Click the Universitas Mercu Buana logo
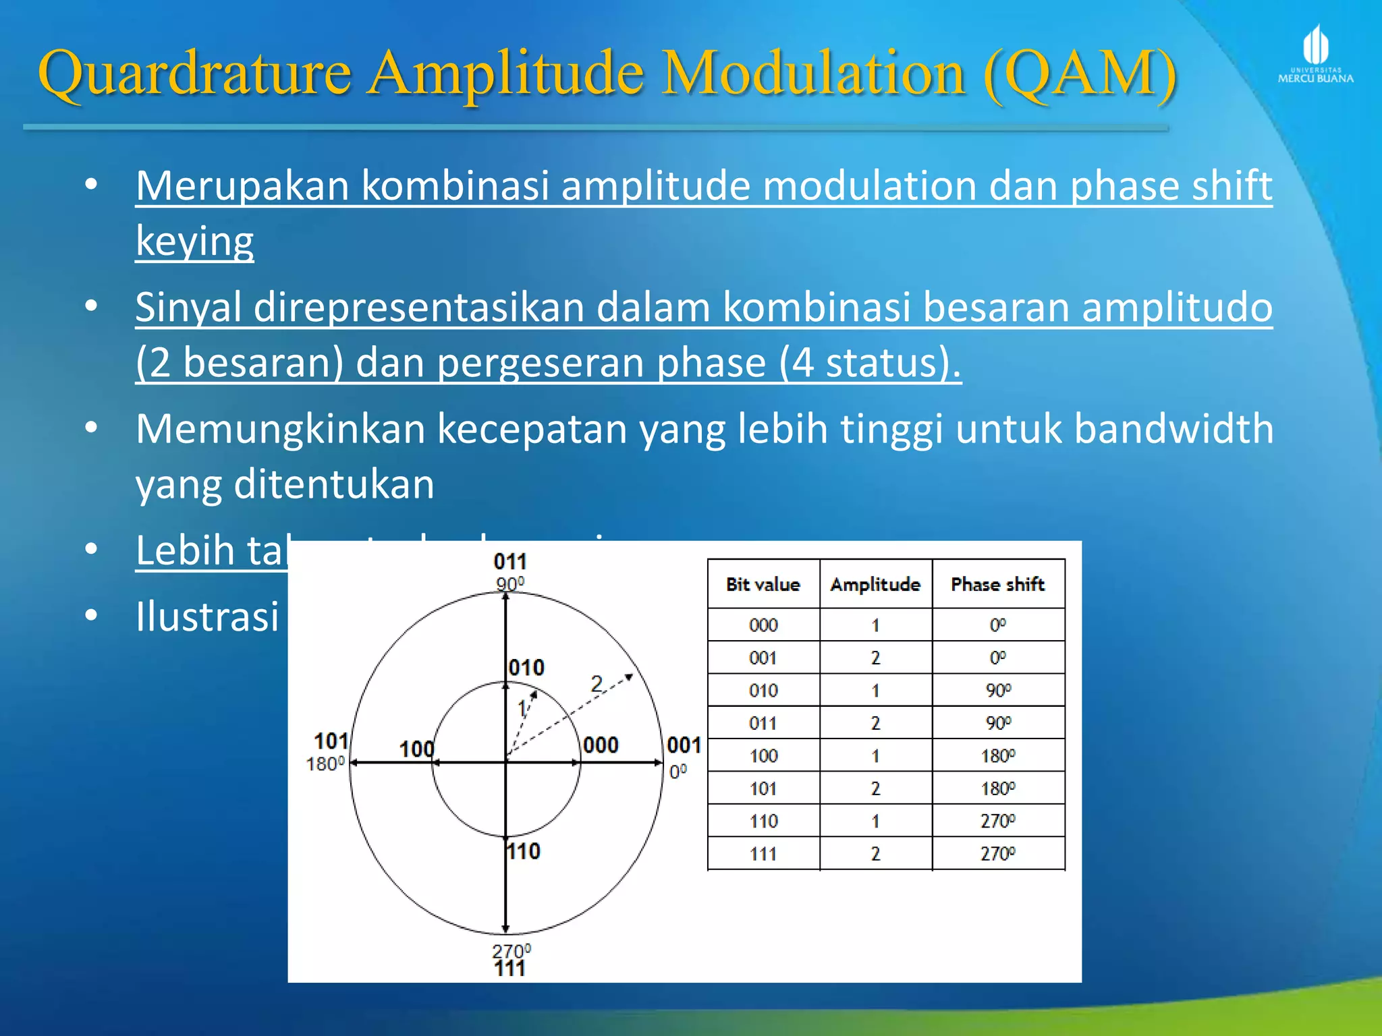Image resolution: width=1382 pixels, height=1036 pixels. (1315, 54)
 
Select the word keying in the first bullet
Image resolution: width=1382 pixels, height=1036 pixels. (194, 241)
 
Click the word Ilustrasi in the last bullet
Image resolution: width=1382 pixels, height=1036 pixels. (207, 616)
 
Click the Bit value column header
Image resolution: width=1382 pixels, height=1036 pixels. (763, 584)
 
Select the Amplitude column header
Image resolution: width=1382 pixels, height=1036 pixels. (875, 584)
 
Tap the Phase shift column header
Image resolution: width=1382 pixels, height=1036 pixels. (997, 584)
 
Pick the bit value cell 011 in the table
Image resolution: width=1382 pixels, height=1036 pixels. (763, 723)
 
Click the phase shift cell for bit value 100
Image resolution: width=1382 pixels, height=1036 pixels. (997, 755)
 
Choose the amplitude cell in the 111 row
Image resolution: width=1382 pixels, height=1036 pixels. (875, 854)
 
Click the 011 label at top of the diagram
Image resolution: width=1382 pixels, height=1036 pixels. (510, 561)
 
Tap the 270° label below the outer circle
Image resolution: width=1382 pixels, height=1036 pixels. (511, 950)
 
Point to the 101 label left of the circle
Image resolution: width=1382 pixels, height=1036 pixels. (331, 741)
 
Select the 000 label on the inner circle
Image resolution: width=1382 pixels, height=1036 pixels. (601, 745)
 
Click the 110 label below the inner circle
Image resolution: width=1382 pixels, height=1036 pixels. (524, 851)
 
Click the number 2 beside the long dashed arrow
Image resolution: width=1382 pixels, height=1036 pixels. (597, 684)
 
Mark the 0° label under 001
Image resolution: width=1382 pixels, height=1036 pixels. (678, 771)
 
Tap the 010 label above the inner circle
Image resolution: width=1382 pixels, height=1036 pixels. (526, 668)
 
